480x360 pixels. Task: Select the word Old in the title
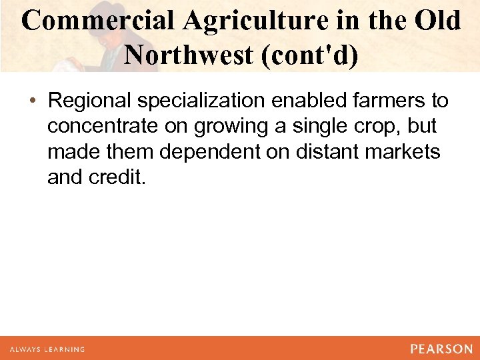click(x=436, y=21)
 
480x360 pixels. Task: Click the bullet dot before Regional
click(x=33, y=101)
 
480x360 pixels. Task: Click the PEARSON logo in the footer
click(x=441, y=349)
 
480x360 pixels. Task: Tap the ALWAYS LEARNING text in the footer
click(x=47, y=349)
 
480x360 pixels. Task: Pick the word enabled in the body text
click(x=311, y=101)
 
